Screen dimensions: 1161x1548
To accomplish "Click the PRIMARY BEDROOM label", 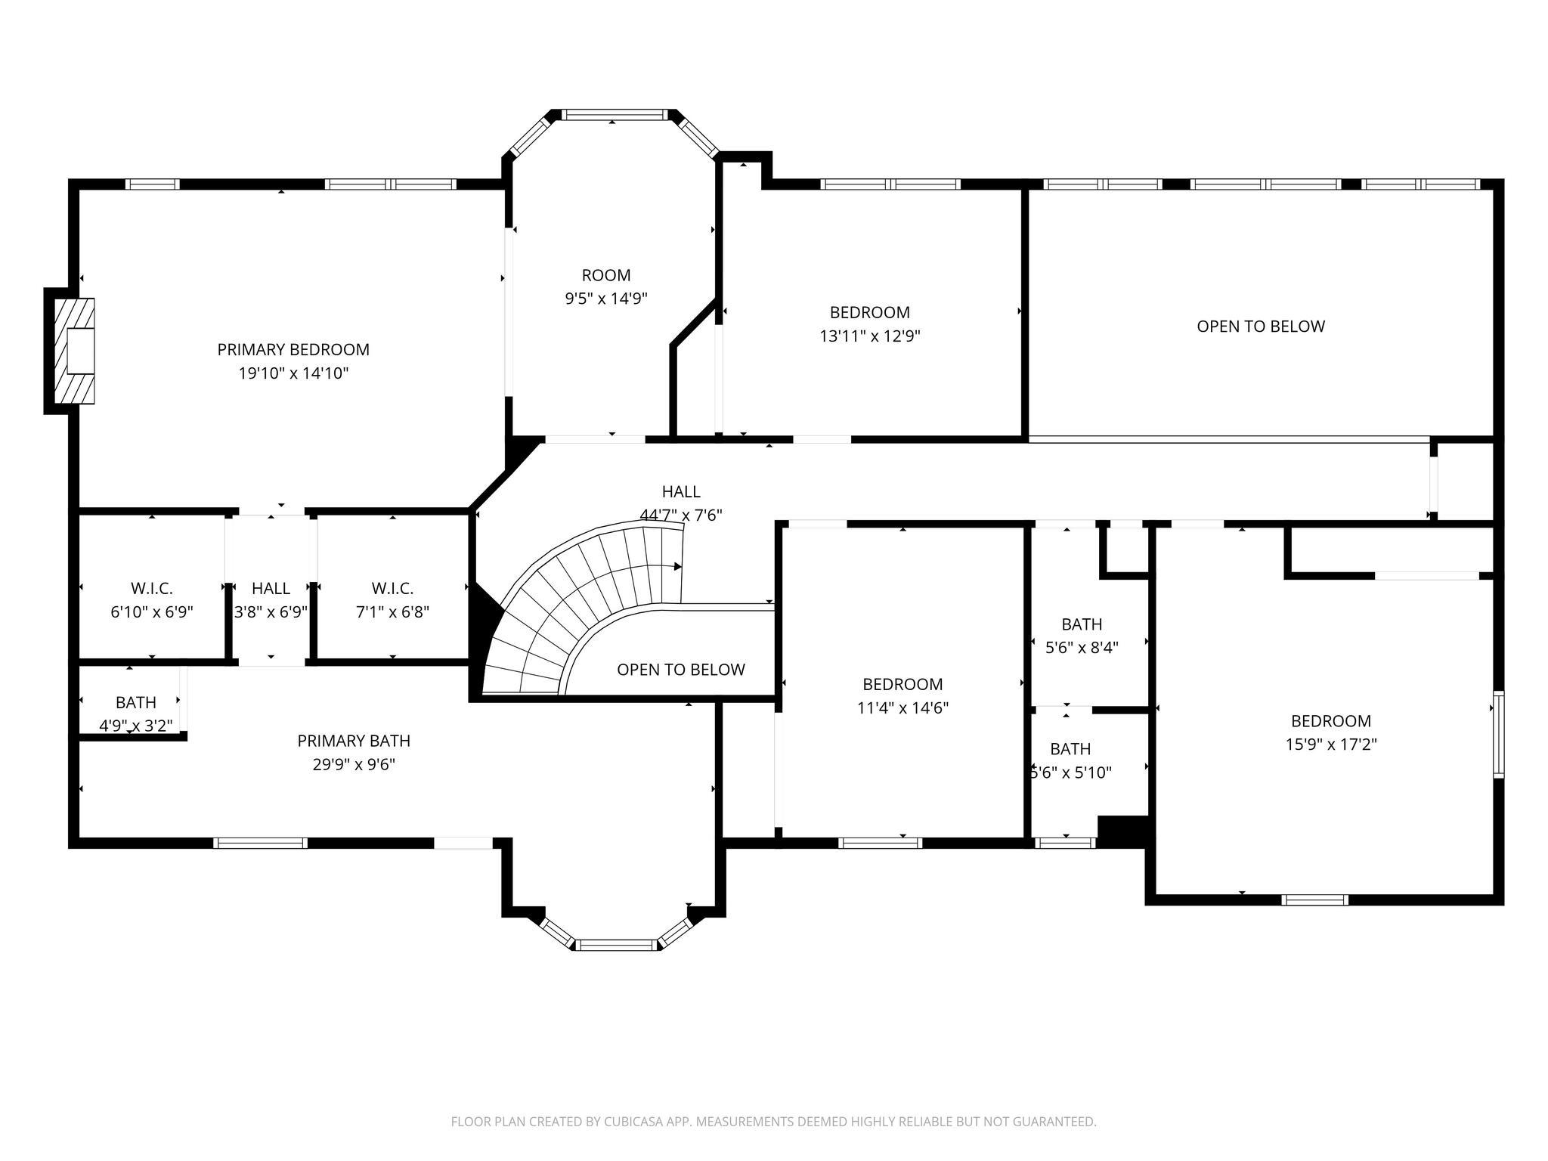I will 293,349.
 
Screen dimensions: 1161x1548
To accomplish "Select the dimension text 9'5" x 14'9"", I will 605,299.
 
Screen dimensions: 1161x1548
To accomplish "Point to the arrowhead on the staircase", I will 677,566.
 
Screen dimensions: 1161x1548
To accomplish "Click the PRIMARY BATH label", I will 354,741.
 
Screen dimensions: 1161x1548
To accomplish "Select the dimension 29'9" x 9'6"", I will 354,764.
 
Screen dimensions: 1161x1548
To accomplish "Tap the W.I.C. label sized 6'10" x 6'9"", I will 152,588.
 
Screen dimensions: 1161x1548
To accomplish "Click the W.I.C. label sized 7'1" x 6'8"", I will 392,588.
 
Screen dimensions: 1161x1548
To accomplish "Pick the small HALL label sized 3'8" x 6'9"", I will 271,588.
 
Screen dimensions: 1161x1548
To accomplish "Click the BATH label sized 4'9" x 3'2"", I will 136,702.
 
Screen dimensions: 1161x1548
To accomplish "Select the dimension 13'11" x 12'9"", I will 869,336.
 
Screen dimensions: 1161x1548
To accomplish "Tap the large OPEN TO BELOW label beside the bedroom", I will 1260,327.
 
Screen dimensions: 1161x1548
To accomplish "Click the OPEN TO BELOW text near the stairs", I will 680,670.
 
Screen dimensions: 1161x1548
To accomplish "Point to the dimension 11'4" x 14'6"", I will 902,708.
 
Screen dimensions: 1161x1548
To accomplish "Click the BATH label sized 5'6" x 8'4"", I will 1082,624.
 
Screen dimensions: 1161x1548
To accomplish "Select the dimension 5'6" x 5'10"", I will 1071,772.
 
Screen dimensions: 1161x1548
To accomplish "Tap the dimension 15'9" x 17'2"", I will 1331,745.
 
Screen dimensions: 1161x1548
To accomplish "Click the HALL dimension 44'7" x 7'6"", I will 681,515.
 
